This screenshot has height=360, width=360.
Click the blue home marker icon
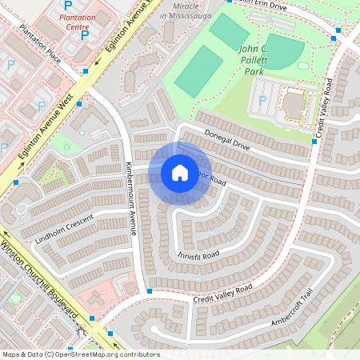pyautogui.click(x=180, y=173)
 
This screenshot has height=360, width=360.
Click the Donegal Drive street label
pyautogui.click(x=227, y=139)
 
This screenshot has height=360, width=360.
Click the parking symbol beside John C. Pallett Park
pyautogui.click(x=262, y=102)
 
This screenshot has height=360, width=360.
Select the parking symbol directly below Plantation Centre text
pyautogui.click(x=85, y=35)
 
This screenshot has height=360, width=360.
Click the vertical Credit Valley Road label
pyautogui.click(x=327, y=108)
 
